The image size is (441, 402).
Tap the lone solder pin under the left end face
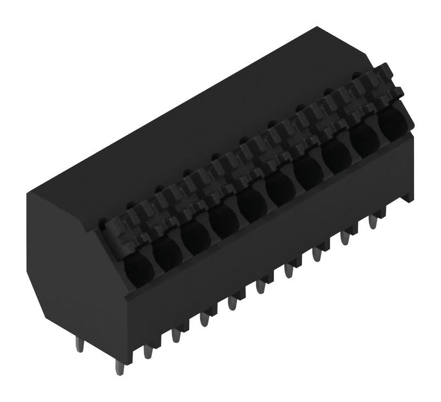pyautogui.click(x=79, y=344)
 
